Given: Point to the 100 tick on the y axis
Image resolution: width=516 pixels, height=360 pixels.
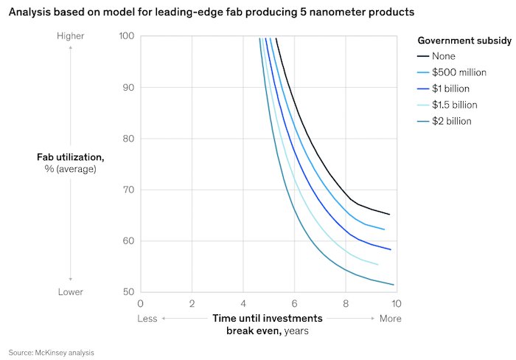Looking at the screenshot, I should click(127, 36).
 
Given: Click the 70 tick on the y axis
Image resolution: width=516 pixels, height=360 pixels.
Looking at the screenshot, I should click(129, 190).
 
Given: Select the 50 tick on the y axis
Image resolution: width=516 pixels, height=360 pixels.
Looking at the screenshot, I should click(129, 292).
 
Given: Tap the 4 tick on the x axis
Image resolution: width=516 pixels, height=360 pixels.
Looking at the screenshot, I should click(243, 303).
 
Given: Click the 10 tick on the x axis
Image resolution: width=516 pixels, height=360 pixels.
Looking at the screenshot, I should click(397, 303).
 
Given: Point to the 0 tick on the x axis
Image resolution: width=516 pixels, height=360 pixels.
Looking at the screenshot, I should click(141, 303).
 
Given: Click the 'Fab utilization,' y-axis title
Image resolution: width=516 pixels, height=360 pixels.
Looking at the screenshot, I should click(70, 157).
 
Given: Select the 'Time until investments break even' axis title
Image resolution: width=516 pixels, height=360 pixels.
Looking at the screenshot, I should click(268, 325).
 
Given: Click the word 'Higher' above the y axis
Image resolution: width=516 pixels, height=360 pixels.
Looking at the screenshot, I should click(71, 36).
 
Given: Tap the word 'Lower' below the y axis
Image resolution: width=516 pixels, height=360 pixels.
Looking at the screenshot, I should click(71, 292).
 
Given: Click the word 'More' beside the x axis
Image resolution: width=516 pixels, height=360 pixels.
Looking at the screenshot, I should click(391, 319).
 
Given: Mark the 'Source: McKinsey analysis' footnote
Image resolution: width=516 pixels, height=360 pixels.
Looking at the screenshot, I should click(52, 353).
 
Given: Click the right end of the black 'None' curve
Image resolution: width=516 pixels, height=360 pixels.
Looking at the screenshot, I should click(389, 214).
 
